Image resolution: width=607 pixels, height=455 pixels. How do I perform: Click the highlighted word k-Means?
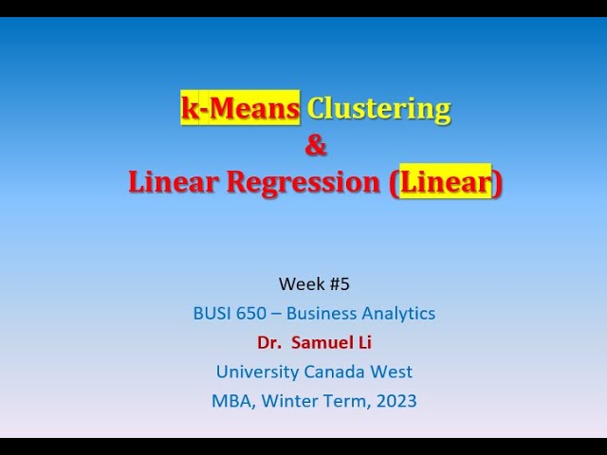241,109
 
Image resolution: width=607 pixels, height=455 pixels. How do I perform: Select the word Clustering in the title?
378,109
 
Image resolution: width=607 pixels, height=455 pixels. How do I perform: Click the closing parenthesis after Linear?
498,182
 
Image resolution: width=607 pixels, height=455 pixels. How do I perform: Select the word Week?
298,283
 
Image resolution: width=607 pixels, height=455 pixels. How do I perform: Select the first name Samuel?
324,342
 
